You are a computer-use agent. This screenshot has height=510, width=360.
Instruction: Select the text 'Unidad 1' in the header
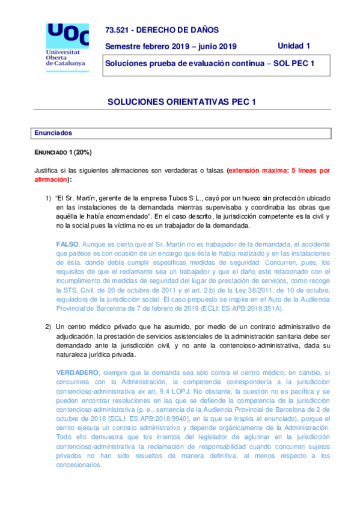click(x=294, y=46)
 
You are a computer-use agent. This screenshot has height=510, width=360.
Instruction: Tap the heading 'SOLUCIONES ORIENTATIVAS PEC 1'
click(x=182, y=102)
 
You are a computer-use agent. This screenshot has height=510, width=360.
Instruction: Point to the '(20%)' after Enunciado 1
click(x=83, y=152)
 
